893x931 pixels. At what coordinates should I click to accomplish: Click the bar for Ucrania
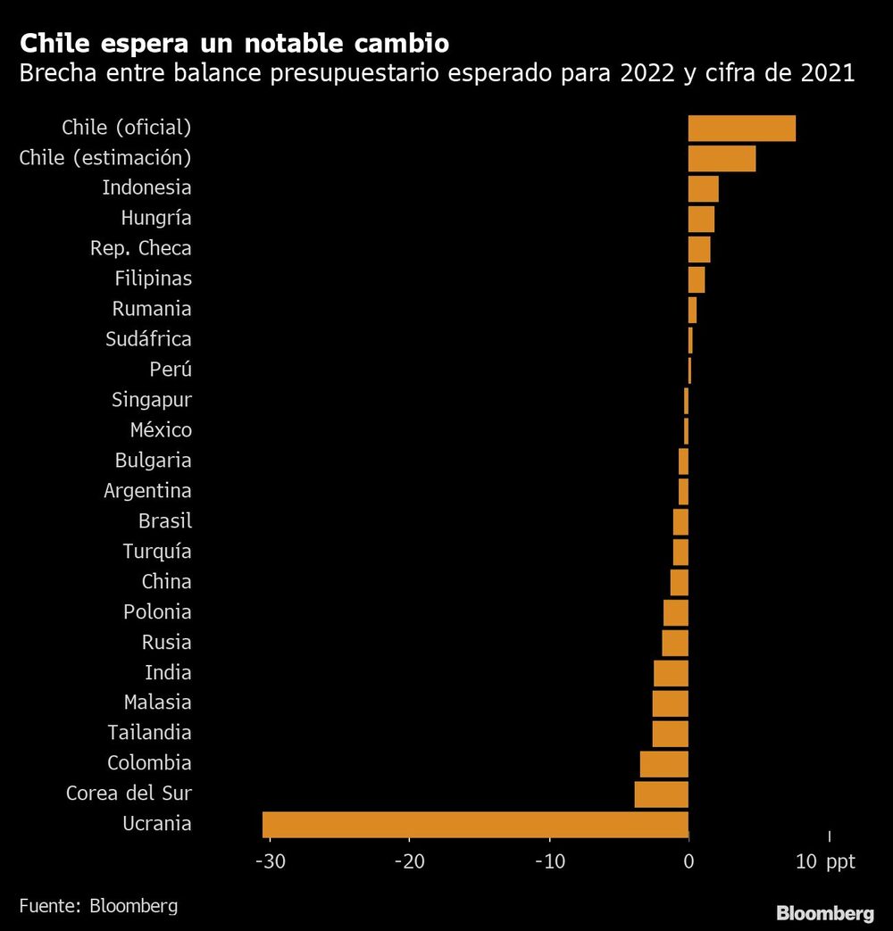(x=475, y=824)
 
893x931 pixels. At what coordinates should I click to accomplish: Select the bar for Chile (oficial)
(x=741, y=128)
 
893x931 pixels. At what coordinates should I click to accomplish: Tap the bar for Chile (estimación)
(x=722, y=158)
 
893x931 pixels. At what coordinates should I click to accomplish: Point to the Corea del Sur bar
(x=662, y=794)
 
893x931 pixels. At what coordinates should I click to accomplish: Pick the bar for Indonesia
(x=703, y=188)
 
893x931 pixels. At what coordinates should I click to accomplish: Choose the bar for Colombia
(x=664, y=763)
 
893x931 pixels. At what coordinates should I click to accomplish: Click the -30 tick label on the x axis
(x=269, y=862)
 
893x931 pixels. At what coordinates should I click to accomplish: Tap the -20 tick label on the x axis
(x=409, y=862)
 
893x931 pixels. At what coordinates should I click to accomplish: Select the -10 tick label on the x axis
(x=548, y=862)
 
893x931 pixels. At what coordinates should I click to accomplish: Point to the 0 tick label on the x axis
(x=689, y=862)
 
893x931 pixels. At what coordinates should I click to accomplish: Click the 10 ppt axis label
(x=824, y=862)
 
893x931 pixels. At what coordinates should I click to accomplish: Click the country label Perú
(x=171, y=369)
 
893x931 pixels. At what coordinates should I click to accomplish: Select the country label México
(x=161, y=430)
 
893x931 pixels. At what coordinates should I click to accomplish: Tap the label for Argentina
(x=147, y=491)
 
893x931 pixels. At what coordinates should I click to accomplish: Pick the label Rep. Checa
(x=141, y=248)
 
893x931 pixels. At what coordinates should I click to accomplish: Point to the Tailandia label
(x=149, y=733)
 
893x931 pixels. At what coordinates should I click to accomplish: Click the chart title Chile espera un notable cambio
(x=234, y=43)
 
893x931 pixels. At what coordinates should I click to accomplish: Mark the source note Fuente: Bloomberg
(x=98, y=906)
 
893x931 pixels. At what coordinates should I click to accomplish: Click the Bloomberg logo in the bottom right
(x=824, y=913)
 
